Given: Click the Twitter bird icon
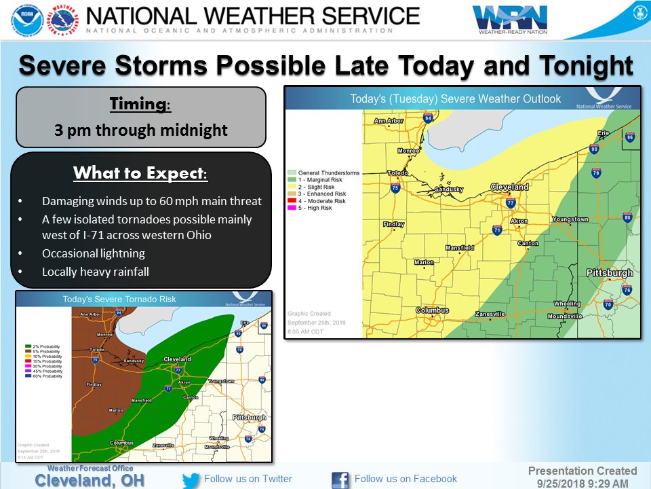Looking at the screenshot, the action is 191,479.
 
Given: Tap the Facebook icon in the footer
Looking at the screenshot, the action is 340,479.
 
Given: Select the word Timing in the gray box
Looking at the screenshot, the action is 140,105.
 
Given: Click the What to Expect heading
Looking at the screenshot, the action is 140,173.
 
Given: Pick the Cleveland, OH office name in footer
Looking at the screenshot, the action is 90,480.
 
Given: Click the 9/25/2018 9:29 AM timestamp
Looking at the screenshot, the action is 583,483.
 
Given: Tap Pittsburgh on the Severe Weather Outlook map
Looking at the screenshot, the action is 610,274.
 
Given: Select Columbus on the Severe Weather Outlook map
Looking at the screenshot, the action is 432,310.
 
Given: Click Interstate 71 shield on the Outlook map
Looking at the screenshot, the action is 497,230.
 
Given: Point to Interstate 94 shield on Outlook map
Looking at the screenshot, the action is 428,118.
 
